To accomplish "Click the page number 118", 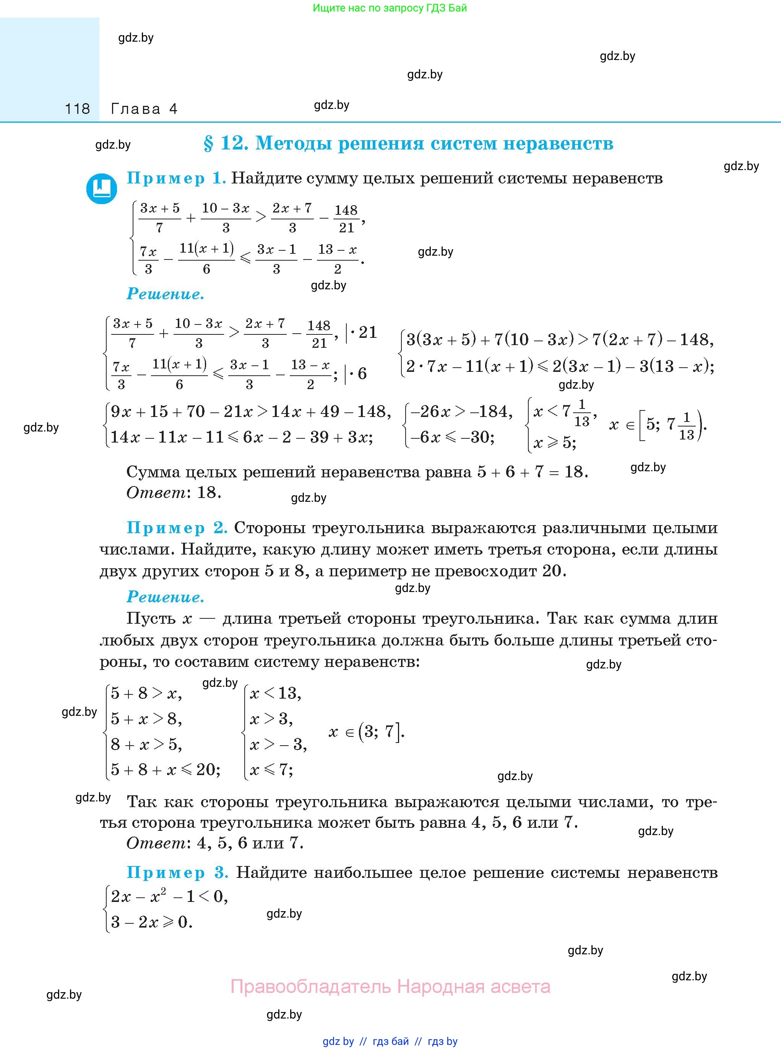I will click(x=77, y=109).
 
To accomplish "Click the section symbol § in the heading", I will click(x=208, y=143).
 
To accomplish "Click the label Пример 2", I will click(x=177, y=528).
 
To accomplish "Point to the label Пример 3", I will click(x=177, y=873).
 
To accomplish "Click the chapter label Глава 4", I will click(x=144, y=109).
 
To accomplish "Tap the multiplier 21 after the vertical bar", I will click(x=368, y=333).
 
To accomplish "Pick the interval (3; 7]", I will click(x=381, y=732).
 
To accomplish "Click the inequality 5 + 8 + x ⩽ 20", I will click(x=166, y=770).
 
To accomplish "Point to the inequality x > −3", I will click(x=278, y=745).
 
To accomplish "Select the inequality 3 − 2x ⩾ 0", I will click(x=151, y=922).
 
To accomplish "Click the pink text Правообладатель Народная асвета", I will click(x=390, y=987).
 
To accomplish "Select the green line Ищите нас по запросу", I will click(x=390, y=8).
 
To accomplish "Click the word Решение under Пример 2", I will click(x=166, y=597).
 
